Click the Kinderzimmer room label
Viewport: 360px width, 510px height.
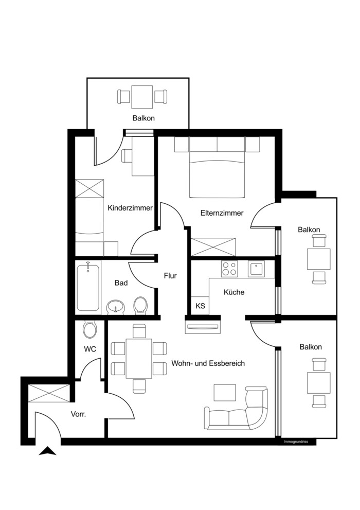pos(130,208)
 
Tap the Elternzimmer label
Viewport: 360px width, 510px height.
pos(222,213)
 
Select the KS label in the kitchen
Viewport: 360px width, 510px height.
pos(201,306)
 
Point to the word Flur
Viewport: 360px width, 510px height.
pos(170,276)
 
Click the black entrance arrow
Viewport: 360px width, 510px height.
pos(47,451)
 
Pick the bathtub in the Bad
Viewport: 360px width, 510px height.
pos(88,287)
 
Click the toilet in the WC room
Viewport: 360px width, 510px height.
pos(89,329)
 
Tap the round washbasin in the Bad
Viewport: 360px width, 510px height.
pos(116,307)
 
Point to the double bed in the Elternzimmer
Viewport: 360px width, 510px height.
pos(217,174)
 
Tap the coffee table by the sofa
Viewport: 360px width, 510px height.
pos(225,393)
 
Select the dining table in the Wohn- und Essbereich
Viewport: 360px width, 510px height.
pos(139,359)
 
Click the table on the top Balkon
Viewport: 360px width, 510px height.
pos(142,97)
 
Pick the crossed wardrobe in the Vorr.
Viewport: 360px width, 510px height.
pos(49,393)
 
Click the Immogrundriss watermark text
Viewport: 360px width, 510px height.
pos(296,442)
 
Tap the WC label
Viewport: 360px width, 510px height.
pos(90,349)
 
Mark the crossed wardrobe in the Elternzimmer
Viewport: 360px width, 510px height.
pos(213,247)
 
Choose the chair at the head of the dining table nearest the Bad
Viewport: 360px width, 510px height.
pos(139,331)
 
